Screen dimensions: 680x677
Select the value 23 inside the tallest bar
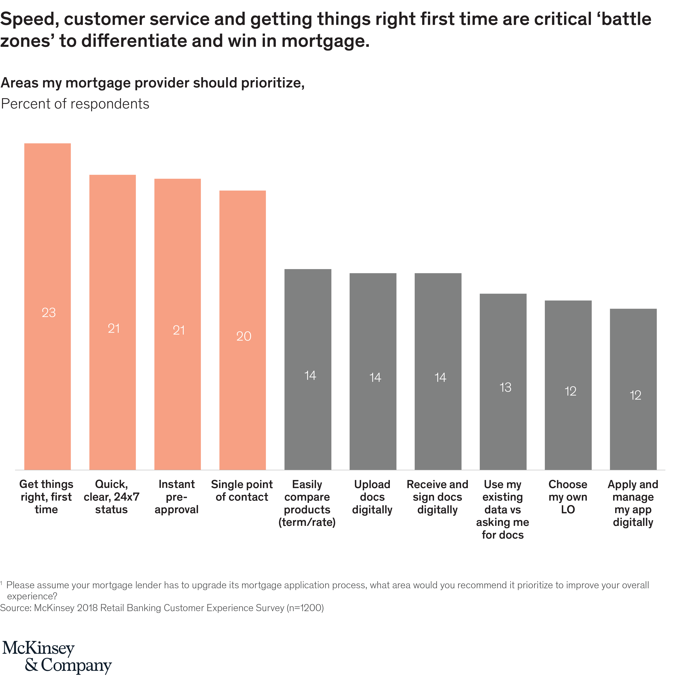[x=49, y=313]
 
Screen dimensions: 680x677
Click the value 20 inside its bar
[x=244, y=336]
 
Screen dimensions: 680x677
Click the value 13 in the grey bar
[x=505, y=387]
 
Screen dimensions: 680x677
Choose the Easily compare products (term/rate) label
[x=307, y=503]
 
